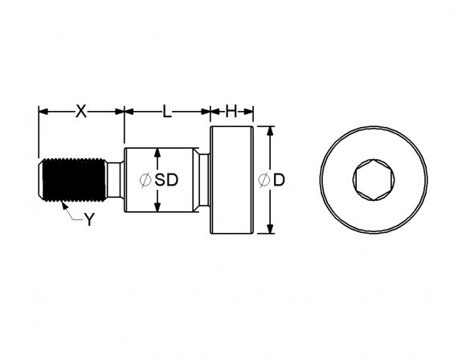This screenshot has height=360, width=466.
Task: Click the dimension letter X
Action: [81, 112]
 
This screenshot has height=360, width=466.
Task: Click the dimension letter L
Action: [167, 112]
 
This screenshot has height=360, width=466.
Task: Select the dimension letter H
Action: [231, 112]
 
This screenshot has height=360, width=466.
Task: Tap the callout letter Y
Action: [89, 219]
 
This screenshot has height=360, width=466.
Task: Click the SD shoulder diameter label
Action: [166, 180]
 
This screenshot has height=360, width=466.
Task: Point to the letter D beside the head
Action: [279, 180]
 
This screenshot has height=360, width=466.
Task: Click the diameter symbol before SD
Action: [145, 180]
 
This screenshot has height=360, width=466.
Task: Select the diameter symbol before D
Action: [264, 180]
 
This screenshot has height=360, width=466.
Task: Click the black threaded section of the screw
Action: [74, 180]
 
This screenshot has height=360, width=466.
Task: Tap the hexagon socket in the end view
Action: [374, 180]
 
